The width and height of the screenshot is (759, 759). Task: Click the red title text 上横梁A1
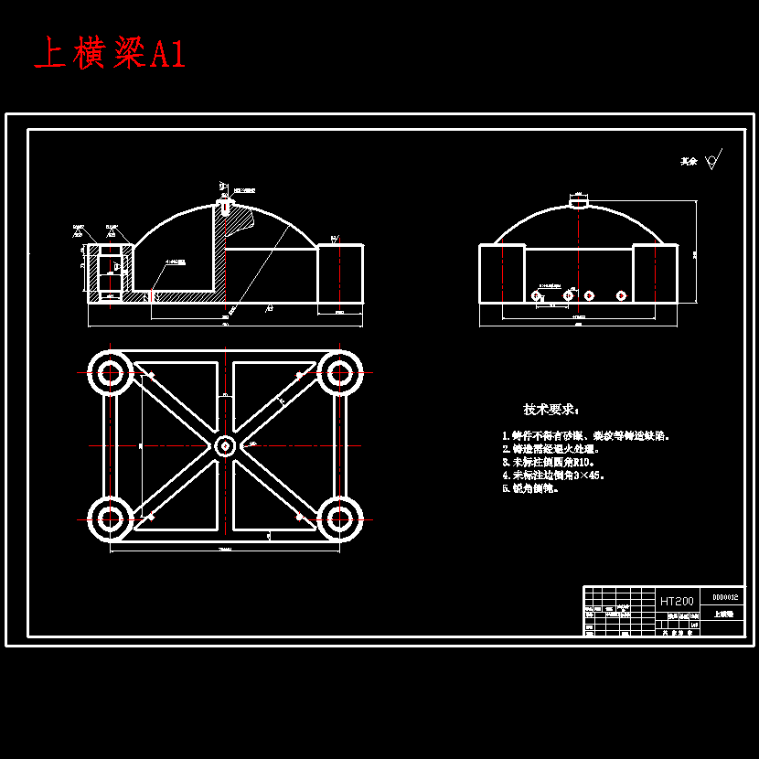click(x=110, y=55)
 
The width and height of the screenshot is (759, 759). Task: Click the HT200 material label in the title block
click(x=677, y=601)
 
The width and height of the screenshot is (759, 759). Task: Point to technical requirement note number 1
click(x=586, y=436)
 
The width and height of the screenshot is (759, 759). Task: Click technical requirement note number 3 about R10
click(x=549, y=463)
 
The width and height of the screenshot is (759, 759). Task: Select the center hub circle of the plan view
click(x=225, y=446)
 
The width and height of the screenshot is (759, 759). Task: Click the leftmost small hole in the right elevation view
click(x=537, y=295)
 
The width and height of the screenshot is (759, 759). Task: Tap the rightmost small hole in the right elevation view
click(x=621, y=295)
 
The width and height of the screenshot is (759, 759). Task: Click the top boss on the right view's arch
click(x=580, y=202)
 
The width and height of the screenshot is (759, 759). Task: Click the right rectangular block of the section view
click(x=340, y=273)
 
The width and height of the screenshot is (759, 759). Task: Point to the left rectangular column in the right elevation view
click(x=502, y=273)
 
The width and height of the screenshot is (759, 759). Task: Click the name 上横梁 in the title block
click(x=723, y=615)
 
